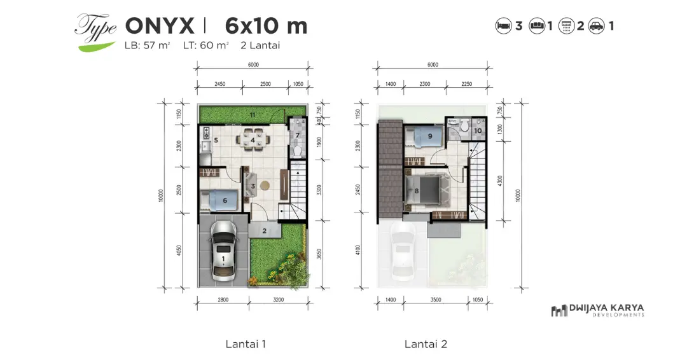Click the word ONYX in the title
pyautogui.click(x=160, y=25)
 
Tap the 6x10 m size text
pyautogui.click(x=266, y=25)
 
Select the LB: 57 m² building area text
pyautogui.click(x=148, y=45)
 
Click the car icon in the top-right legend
pyautogui.click(x=596, y=26)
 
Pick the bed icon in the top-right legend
pyautogui.click(x=503, y=26)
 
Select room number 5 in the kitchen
pyautogui.click(x=216, y=140)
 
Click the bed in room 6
pyautogui.click(x=218, y=200)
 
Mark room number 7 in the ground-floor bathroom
pyautogui.click(x=297, y=135)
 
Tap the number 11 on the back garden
pyautogui.click(x=253, y=115)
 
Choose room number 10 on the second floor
pyautogui.click(x=478, y=131)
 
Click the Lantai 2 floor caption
pyautogui.click(x=426, y=344)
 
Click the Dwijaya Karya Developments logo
pyautogui.click(x=597, y=310)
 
